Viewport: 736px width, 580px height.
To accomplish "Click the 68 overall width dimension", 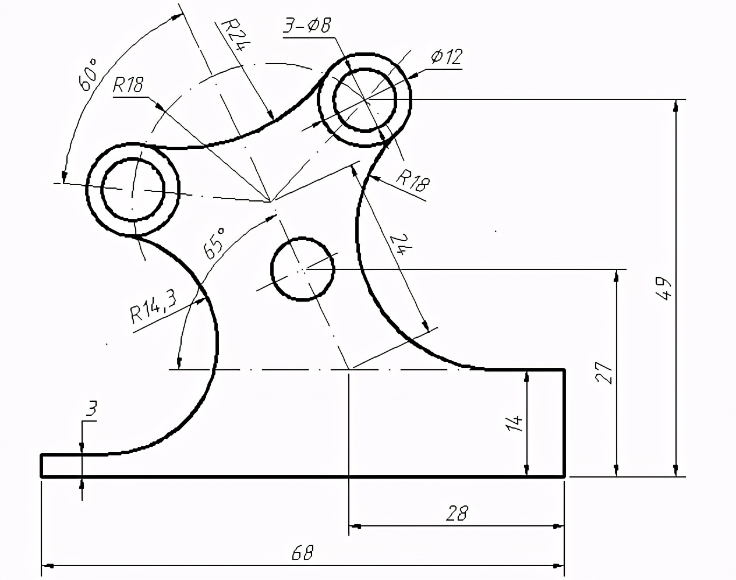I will [x=302, y=552].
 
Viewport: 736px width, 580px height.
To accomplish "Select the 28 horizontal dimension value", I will [x=457, y=513].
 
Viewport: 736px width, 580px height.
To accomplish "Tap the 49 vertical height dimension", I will [x=664, y=287].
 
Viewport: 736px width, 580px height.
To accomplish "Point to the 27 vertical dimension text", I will [x=605, y=373].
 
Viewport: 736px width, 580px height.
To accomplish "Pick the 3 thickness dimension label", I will [x=90, y=410].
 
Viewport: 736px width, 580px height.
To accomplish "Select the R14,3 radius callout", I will [x=153, y=306].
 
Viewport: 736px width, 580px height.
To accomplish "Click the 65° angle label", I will [x=214, y=243].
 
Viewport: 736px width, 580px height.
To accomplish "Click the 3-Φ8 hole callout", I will [x=307, y=26].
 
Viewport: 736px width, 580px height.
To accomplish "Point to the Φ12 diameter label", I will [x=447, y=56].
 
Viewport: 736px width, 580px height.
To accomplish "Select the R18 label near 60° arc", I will [x=128, y=86].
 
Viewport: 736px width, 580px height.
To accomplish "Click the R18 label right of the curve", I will [x=412, y=180].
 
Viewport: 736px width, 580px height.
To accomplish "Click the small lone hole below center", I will [x=302, y=269].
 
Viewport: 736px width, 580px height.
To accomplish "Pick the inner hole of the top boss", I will [x=365, y=100].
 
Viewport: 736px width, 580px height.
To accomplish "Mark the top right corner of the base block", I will [x=564, y=370].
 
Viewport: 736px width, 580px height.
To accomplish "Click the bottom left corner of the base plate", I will [x=41, y=476].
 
